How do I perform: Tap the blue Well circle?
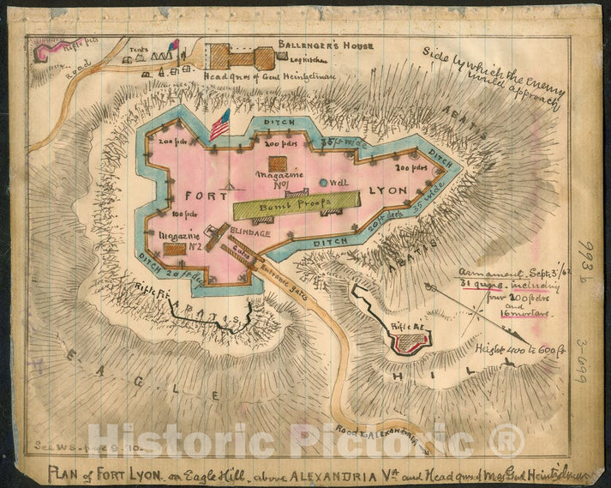[x=324, y=183]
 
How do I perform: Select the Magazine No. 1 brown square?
[x=278, y=164]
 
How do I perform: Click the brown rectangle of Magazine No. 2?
[x=175, y=249]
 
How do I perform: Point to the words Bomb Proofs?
[x=294, y=203]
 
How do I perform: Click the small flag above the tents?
[x=173, y=45]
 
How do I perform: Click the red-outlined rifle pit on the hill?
[x=410, y=344]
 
